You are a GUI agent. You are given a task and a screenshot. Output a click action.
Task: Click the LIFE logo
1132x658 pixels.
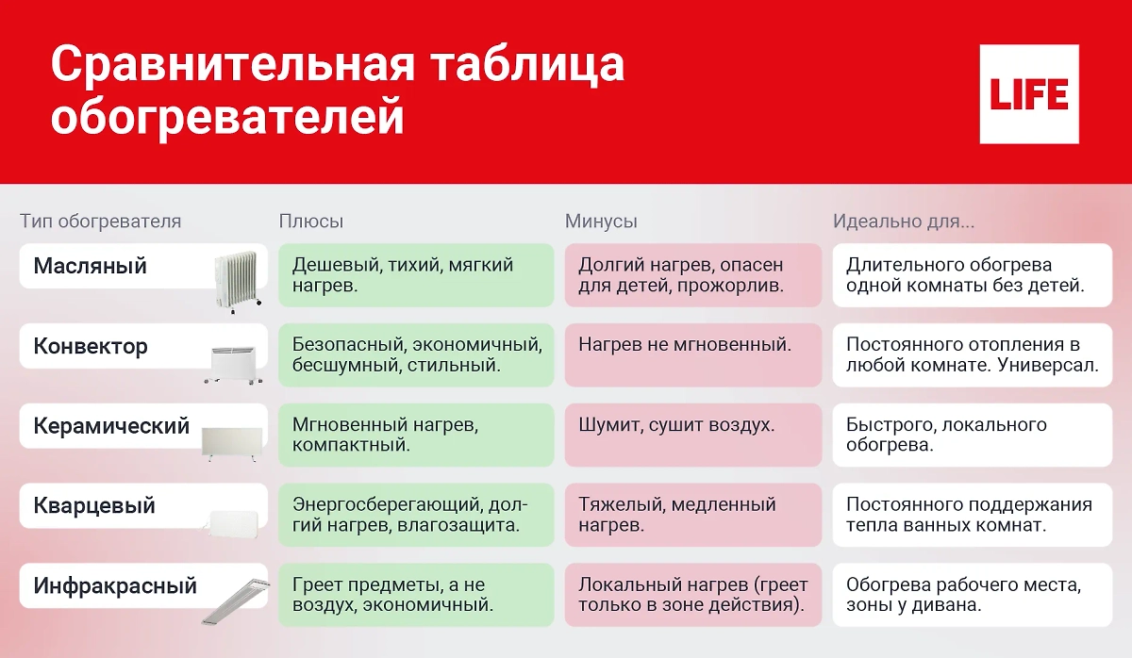(1029, 94)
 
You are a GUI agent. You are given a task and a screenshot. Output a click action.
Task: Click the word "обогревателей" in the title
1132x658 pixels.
(227, 120)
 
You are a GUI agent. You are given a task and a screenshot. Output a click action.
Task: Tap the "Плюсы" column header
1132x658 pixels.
(311, 222)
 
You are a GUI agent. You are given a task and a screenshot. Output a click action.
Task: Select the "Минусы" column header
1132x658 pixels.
(601, 222)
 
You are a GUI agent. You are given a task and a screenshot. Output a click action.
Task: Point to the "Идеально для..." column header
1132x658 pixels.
(904, 222)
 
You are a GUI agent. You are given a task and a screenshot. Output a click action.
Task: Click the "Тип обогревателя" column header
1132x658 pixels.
(100, 222)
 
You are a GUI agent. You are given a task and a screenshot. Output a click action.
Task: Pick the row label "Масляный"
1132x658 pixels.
(91, 266)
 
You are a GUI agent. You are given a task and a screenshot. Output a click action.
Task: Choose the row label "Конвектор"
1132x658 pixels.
(91, 346)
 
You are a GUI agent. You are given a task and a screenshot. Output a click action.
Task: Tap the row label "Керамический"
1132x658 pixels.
(111, 426)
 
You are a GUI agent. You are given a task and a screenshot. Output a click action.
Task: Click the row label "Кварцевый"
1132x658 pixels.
(94, 506)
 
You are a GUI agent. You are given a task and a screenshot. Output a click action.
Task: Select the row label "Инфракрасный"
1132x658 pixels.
(115, 585)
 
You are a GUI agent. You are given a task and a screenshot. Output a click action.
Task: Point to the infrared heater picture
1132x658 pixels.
(235, 600)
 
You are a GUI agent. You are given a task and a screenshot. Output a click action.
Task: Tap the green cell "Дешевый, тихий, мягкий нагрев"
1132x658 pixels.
(416, 275)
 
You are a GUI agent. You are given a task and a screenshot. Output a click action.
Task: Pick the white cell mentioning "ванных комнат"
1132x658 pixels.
(972, 515)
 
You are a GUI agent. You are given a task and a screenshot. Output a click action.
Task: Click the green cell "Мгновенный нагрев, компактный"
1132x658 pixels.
(416, 435)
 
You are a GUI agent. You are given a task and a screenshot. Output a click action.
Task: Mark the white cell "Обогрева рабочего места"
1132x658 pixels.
(972, 595)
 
